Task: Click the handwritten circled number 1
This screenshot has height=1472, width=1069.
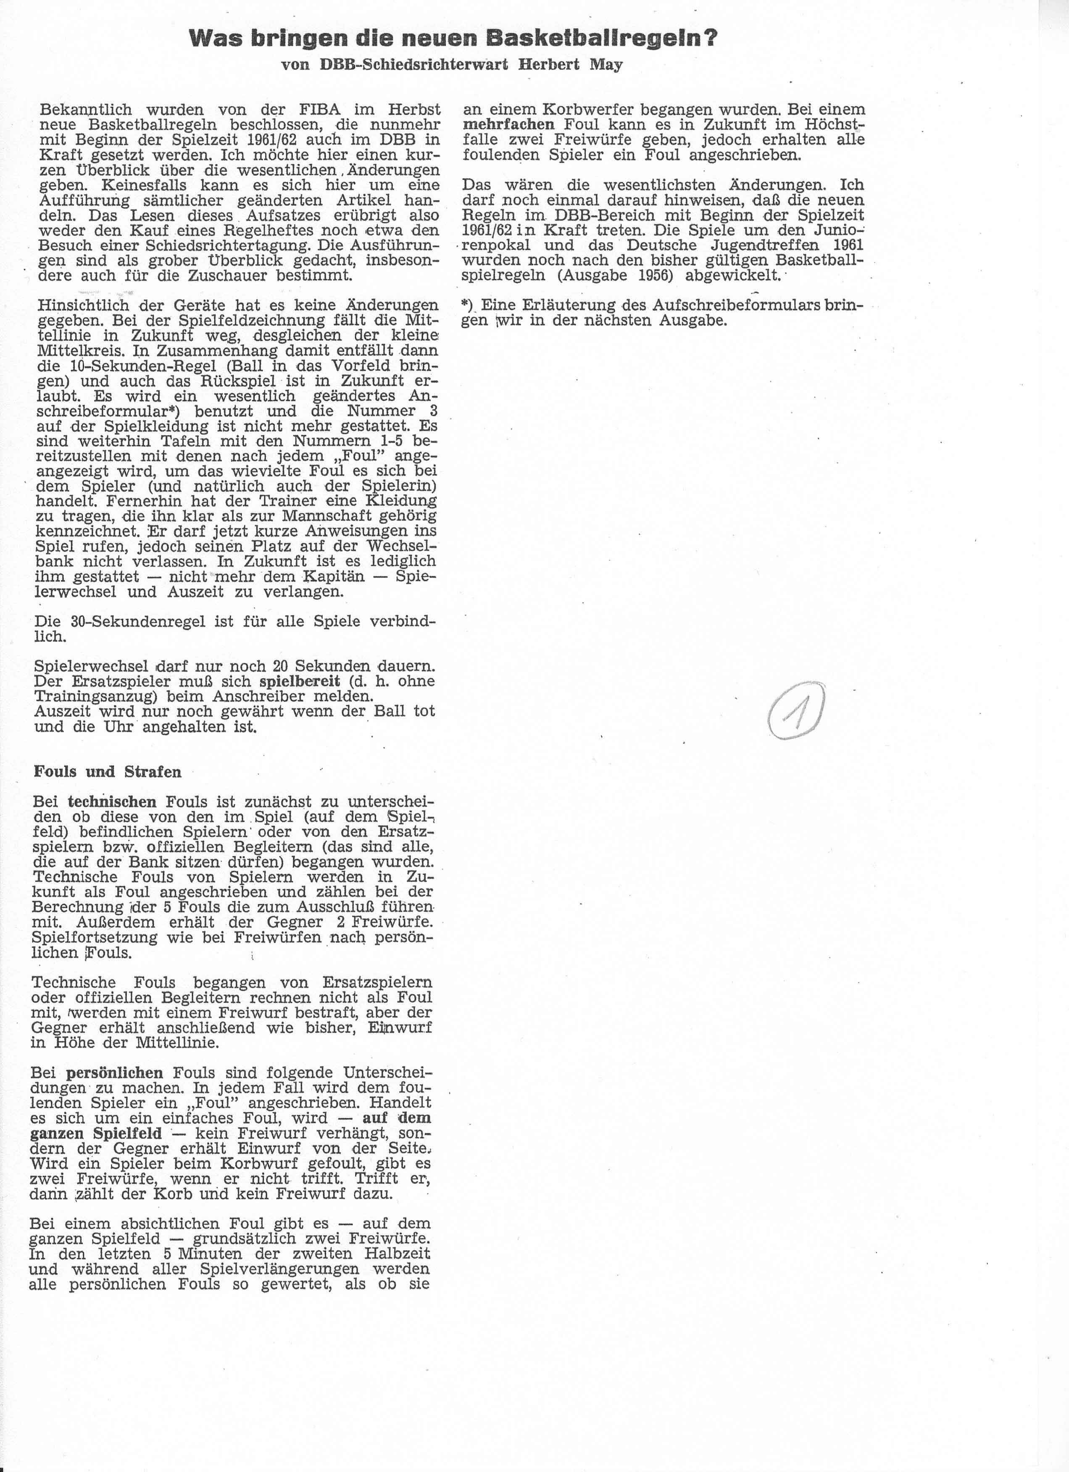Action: pos(796,713)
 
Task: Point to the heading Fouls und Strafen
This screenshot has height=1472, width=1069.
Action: pos(108,772)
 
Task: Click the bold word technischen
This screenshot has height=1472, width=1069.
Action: pos(112,802)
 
